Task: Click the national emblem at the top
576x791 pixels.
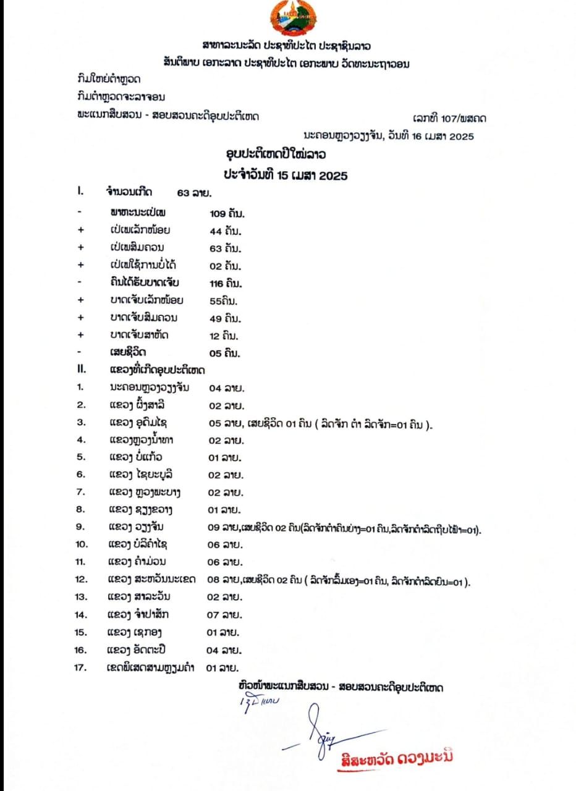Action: [293, 18]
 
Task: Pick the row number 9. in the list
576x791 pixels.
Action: [80, 527]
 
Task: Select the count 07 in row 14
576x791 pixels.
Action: [213, 615]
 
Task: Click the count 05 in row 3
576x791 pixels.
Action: [213, 423]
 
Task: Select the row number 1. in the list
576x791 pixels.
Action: [80, 387]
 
